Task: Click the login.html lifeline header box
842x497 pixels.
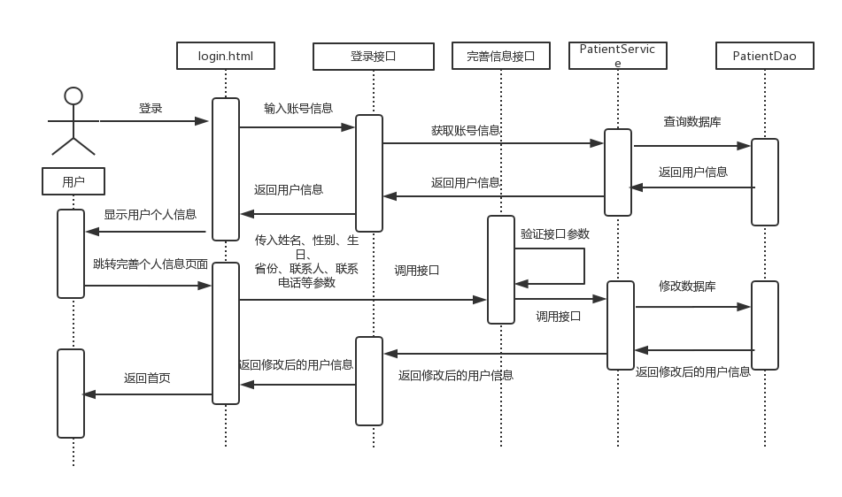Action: [x=225, y=56]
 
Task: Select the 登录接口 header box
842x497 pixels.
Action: [x=374, y=57]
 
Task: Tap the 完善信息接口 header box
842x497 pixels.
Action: [x=500, y=57]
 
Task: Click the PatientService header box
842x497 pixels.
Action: [x=617, y=56]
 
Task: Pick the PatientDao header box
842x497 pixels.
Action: [x=764, y=57]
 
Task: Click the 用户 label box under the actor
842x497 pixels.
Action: [x=73, y=182]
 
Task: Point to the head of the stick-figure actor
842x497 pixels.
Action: [x=73, y=96]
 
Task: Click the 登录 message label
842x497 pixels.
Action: [x=151, y=108]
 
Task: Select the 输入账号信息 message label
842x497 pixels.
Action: [x=298, y=108]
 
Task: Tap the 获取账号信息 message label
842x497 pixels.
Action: [x=466, y=130]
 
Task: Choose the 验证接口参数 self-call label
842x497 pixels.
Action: [x=554, y=234]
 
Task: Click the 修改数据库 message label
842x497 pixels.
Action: [x=687, y=287]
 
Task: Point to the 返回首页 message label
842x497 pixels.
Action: [x=147, y=378]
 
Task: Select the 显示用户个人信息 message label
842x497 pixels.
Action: [x=150, y=214]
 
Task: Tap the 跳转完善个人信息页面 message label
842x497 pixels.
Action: [x=150, y=264]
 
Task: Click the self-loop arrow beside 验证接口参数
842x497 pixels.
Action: [x=583, y=265]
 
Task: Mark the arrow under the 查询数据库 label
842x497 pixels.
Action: [x=691, y=146]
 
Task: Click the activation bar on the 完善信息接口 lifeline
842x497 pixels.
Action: [x=500, y=269]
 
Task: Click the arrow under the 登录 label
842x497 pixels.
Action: [x=155, y=120]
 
